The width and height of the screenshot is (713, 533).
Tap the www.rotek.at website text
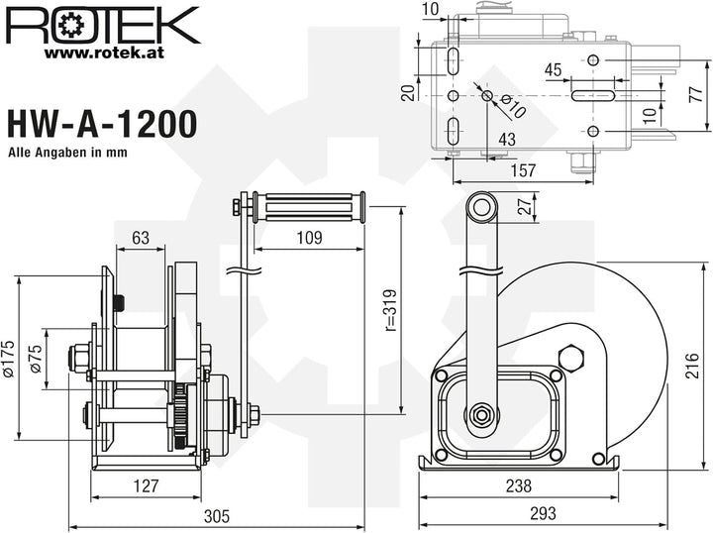(x=104, y=53)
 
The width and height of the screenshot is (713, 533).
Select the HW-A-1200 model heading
(x=102, y=124)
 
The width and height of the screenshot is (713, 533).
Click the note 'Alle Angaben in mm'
(x=67, y=152)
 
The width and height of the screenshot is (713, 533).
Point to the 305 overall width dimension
(x=217, y=516)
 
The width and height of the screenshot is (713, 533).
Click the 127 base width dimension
(x=146, y=486)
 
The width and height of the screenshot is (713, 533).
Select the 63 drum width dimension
(x=141, y=238)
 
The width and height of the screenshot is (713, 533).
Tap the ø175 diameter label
(x=9, y=359)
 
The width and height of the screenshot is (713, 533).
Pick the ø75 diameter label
(x=36, y=359)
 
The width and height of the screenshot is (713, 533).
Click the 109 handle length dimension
(x=309, y=238)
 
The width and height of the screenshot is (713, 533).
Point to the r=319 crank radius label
(x=390, y=310)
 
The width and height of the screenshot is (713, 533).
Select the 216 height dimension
(x=691, y=366)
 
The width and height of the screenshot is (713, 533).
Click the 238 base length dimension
(x=519, y=486)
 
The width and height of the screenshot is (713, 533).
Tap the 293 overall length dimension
(x=543, y=513)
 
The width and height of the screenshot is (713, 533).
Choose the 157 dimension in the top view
(x=524, y=170)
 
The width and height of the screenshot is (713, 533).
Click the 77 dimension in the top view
(x=696, y=95)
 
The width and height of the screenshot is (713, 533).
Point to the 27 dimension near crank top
(x=525, y=205)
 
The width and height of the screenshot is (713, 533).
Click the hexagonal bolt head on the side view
(x=571, y=357)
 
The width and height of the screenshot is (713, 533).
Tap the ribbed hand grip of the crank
(x=309, y=207)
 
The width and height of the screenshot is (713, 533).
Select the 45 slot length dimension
(x=553, y=70)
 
